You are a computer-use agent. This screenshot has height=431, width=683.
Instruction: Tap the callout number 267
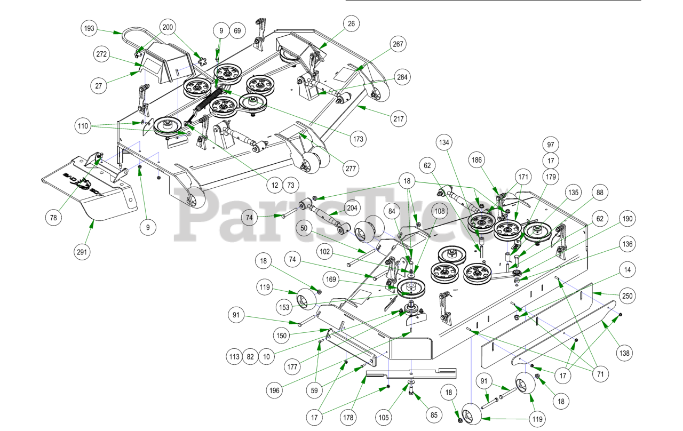(398, 44)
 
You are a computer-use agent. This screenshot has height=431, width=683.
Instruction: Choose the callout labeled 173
(359, 139)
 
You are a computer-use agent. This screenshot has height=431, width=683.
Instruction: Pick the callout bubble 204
(352, 209)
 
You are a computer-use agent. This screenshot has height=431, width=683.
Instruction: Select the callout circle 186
(478, 159)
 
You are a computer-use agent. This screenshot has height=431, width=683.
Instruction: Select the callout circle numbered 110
(83, 126)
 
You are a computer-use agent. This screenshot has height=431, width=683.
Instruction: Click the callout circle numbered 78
(54, 218)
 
